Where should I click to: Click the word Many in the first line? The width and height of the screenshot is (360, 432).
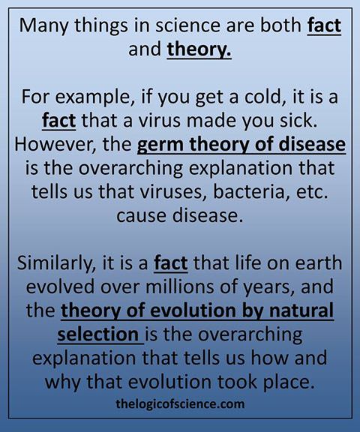[43, 26]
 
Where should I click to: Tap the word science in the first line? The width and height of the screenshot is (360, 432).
[187, 25]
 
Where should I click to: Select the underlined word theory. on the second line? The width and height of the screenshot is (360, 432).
[199, 50]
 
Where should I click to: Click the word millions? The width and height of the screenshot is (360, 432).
[179, 286]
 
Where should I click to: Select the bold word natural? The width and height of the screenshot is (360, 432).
[301, 310]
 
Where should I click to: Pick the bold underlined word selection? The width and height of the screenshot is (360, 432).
[98, 334]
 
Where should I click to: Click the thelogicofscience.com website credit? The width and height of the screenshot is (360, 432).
[180, 404]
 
